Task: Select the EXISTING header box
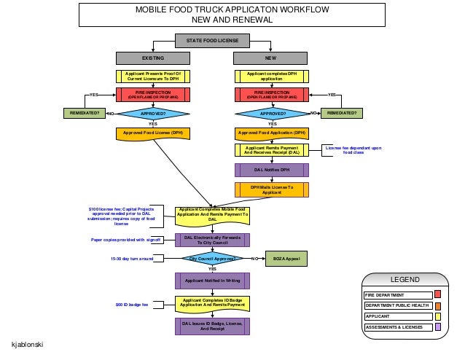[x=152, y=57]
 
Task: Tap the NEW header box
[x=271, y=57]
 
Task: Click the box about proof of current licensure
[x=152, y=76]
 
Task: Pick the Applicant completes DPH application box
[x=271, y=76]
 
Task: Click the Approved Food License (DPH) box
[x=152, y=133]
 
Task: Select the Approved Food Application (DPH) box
[x=271, y=133]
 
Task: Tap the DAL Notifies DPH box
[x=271, y=170]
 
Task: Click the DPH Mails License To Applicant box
[x=271, y=189]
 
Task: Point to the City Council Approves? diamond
[x=212, y=259]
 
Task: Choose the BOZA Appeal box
[x=286, y=259]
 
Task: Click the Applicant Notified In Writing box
[x=212, y=280]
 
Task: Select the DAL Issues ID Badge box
[x=212, y=325]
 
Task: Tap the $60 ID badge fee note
[x=132, y=304]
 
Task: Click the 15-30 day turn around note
[x=132, y=259]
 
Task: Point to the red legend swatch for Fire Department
[x=437, y=294]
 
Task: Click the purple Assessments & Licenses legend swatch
[x=437, y=327]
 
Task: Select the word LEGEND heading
[x=405, y=280]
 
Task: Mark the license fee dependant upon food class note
[x=353, y=150]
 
